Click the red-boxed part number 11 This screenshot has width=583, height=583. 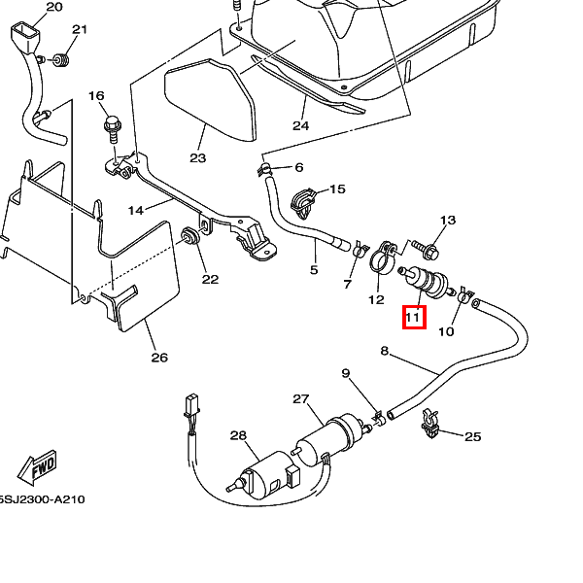413,316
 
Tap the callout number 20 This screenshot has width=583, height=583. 53,7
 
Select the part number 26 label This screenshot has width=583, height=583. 159,357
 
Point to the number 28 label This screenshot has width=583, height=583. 239,435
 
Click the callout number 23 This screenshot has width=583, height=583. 198,157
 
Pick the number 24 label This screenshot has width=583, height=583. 299,125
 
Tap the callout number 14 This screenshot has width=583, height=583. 135,210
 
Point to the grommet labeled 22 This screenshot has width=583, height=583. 189,236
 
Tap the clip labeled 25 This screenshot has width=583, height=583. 429,425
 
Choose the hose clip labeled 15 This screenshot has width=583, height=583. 305,202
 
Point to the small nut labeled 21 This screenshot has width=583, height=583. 60,61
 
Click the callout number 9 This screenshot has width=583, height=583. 345,374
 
